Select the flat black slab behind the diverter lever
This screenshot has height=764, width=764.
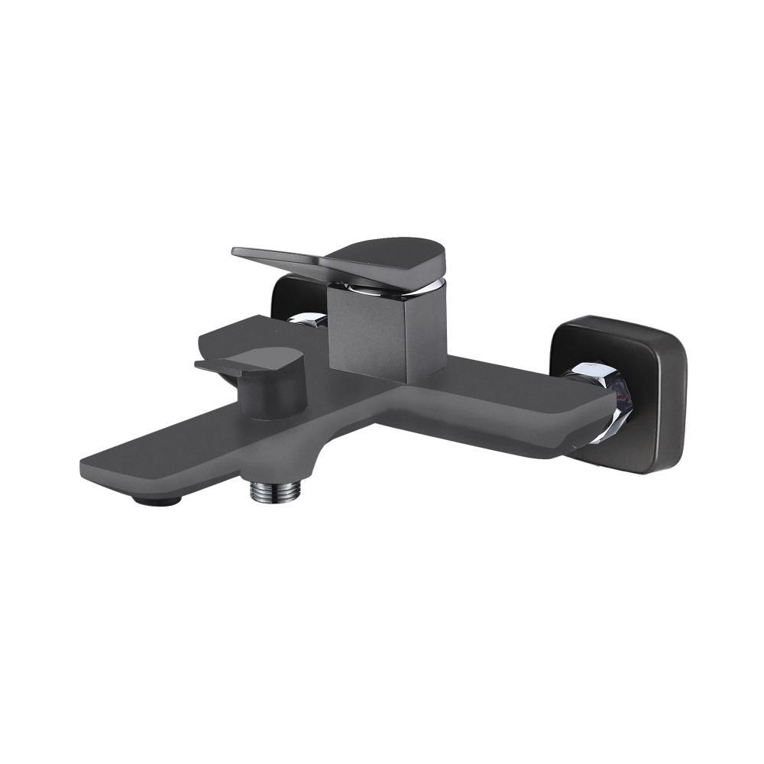[229, 335]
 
